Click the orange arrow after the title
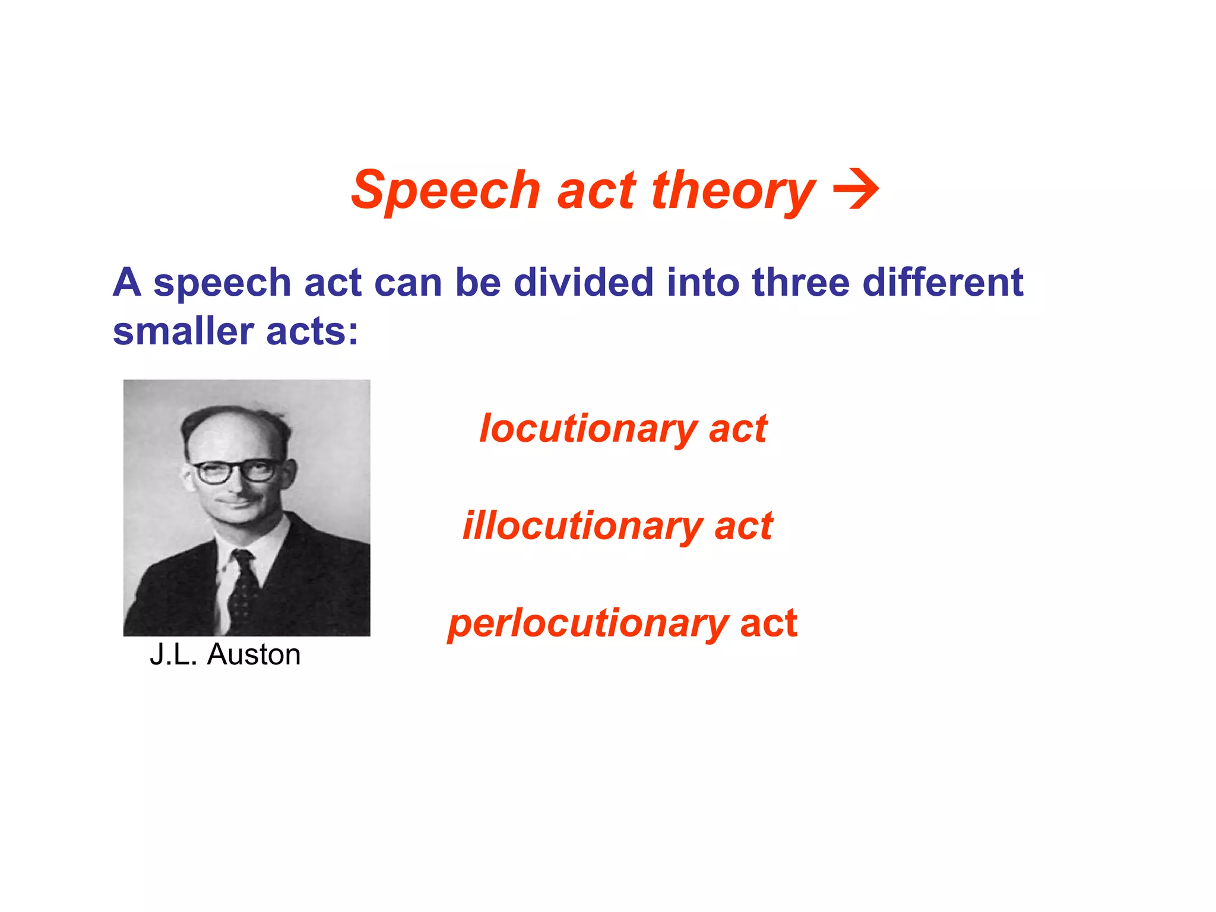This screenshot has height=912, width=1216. (x=856, y=189)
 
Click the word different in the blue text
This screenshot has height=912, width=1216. (x=942, y=282)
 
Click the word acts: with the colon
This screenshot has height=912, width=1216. (x=312, y=331)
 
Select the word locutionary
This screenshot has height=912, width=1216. (x=588, y=429)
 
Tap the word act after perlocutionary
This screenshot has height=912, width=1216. (x=768, y=623)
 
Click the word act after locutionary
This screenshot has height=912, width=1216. (x=738, y=429)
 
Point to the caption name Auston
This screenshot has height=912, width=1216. (x=254, y=655)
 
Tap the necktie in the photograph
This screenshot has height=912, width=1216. (x=243, y=588)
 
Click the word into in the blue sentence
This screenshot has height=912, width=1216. (x=703, y=282)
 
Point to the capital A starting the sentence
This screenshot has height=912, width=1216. (x=127, y=282)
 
